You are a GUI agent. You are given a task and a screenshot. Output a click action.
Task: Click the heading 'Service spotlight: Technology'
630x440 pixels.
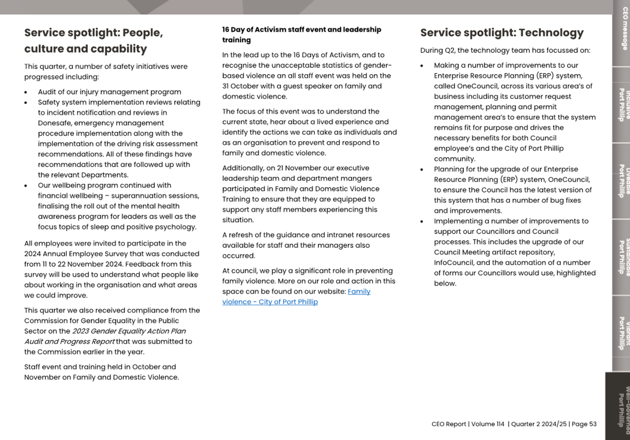click(501, 33)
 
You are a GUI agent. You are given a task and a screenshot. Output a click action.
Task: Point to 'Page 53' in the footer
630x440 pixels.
click(584, 424)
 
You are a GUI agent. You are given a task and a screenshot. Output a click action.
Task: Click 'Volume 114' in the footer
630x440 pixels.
click(488, 424)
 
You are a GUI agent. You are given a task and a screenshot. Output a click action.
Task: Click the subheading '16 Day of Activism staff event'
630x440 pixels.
click(301, 30)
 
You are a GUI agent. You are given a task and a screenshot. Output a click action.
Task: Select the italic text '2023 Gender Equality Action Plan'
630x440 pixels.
click(129, 331)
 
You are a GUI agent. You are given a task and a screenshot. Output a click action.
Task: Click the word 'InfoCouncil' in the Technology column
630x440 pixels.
click(454, 263)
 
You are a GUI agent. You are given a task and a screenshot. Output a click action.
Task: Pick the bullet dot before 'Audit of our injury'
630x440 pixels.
click(26, 93)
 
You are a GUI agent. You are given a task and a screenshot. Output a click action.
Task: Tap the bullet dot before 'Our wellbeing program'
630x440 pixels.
click(26, 186)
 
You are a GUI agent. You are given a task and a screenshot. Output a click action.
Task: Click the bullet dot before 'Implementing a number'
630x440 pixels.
click(422, 222)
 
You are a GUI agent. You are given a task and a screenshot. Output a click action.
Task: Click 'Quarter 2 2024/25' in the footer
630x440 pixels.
click(538, 424)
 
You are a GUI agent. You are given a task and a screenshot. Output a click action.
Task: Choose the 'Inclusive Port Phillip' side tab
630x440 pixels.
click(622, 105)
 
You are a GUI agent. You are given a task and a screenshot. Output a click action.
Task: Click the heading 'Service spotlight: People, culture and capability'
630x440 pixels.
click(94, 41)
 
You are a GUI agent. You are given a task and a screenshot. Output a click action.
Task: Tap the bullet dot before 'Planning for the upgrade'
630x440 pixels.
click(422, 170)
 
